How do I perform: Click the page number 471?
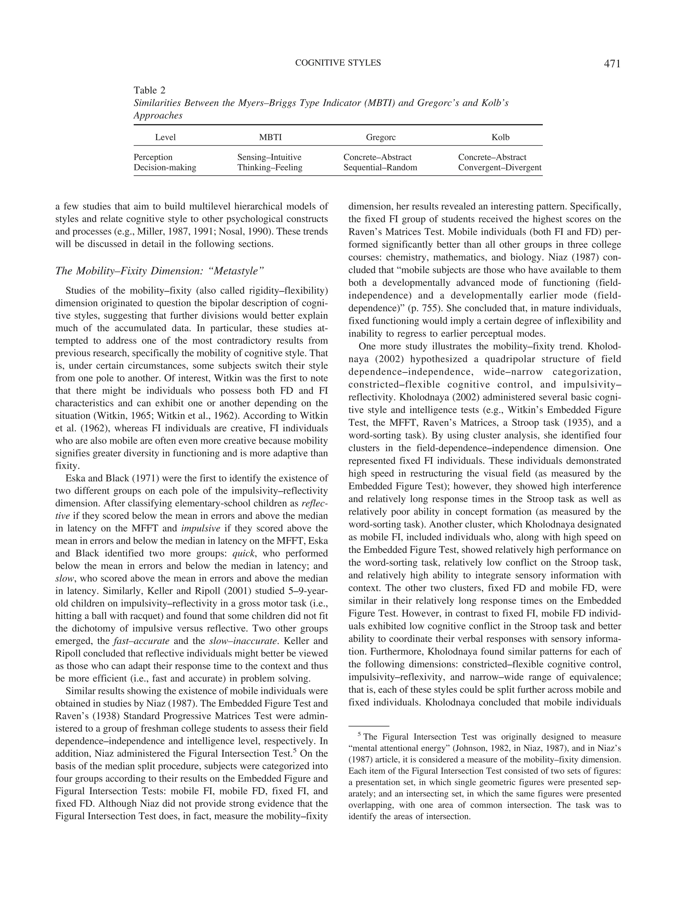coord(612,64)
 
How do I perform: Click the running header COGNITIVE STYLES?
coord(338,63)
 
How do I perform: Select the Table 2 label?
coord(149,90)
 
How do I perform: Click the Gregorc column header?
coord(380,137)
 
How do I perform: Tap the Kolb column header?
coord(500,137)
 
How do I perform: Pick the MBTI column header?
coord(270,137)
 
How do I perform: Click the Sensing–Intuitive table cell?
coord(269,157)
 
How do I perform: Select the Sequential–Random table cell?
coord(380,167)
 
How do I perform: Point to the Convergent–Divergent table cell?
coord(500,167)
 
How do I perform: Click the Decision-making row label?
coord(165,167)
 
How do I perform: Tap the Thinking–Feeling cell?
coord(270,167)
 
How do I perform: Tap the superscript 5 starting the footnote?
coord(359,734)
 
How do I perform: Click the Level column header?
coord(165,137)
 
